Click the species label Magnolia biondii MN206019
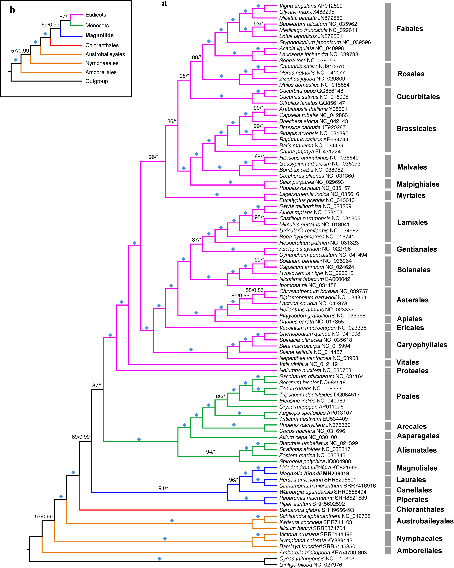point(314,473)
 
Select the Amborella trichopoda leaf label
point(323,552)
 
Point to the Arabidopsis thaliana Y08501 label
point(313,109)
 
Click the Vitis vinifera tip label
point(308,364)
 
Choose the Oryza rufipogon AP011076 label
point(311,407)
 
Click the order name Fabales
point(410,28)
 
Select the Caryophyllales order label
point(422,345)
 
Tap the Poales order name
point(408,396)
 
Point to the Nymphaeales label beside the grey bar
point(420,538)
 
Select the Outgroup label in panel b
point(97,81)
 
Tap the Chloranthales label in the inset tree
point(102,45)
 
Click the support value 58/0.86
point(254,290)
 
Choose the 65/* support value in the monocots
point(220,397)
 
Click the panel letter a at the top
point(164,3)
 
